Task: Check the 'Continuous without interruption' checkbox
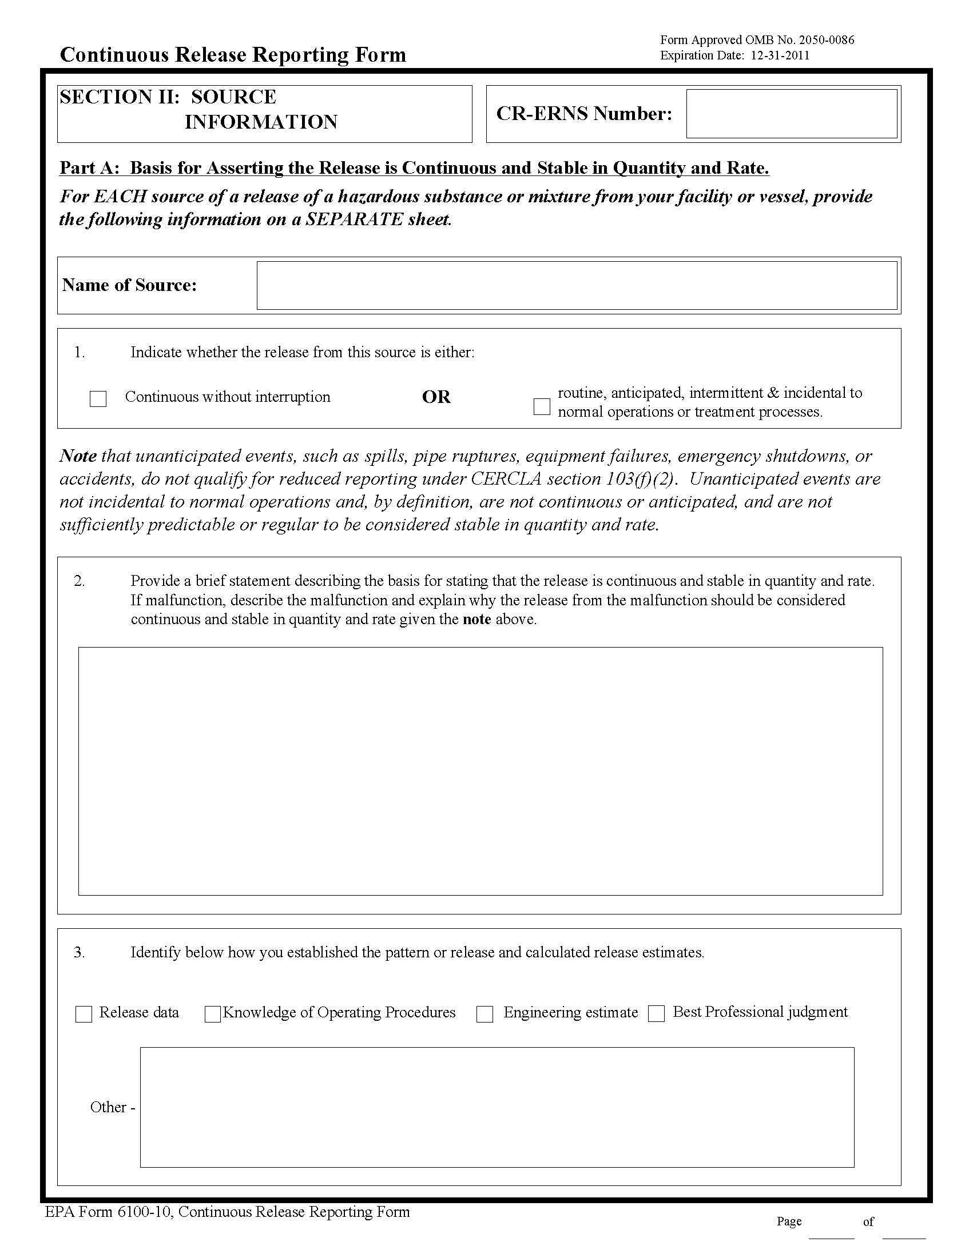pyautogui.click(x=98, y=398)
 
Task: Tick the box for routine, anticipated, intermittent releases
pyautogui.click(x=542, y=406)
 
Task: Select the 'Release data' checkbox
pyautogui.click(x=84, y=1015)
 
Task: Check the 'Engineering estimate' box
pyautogui.click(x=484, y=1015)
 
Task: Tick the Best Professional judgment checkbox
pyautogui.click(x=657, y=1014)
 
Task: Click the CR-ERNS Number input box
pyautogui.click(x=792, y=114)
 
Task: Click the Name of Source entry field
pyautogui.click(x=577, y=286)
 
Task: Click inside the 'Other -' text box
pyautogui.click(x=497, y=1107)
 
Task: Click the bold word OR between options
pyautogui.click(x=436, y=397)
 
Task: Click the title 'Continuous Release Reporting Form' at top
pyautogui.click(x=233, y=55)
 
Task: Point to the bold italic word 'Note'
pyautogui.click(x=78, y=456)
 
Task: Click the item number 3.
pyautogui.click(x=79, y=952)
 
